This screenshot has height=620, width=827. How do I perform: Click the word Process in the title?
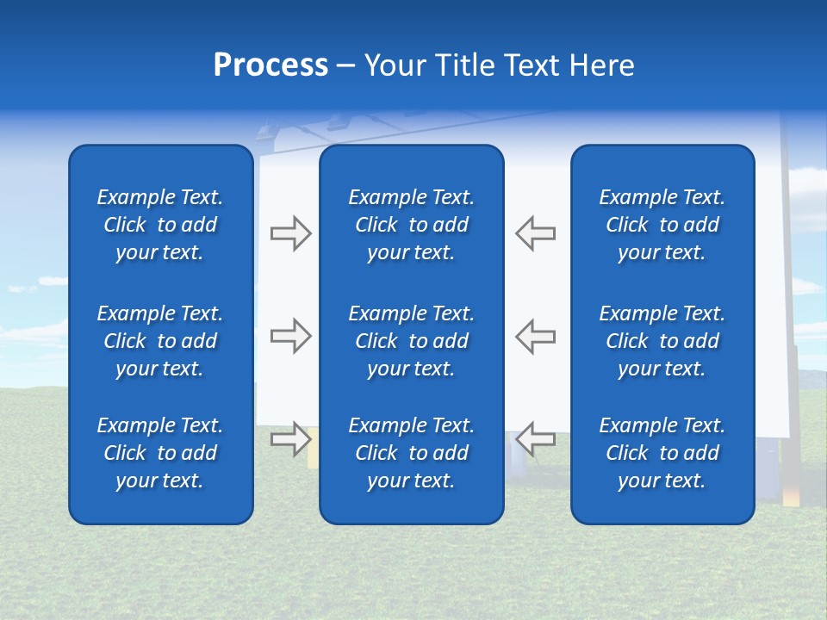click(x=270, y=65)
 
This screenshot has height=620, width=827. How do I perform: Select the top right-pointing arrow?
click(x=290, y=233)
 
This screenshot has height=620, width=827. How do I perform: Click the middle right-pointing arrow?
click(x=290, y=336)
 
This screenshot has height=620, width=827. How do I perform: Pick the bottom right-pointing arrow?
click(x=290, y=439)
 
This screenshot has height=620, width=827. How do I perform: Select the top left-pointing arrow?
click(x=535, y=233)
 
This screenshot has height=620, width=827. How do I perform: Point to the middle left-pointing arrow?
click(x=535, y=336)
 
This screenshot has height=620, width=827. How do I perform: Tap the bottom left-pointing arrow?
click(x=535, y=439)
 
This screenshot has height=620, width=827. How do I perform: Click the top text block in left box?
click(x=160, y=225)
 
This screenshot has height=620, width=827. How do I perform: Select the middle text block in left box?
click(x=160, y=341)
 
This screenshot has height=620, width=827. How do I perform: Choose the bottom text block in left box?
click(x=160, y=453)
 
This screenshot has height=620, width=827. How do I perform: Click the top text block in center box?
click(x=412, y=225)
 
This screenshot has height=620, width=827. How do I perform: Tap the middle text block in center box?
click(x=412, y=341)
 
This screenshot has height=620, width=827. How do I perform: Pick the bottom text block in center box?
click(x=412, y=453)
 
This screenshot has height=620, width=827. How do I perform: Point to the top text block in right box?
click(x=662, y=225)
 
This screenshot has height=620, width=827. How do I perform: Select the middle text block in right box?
click(x=662, y=341)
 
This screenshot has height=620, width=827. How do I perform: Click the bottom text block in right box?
click(x=662, y=453)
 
